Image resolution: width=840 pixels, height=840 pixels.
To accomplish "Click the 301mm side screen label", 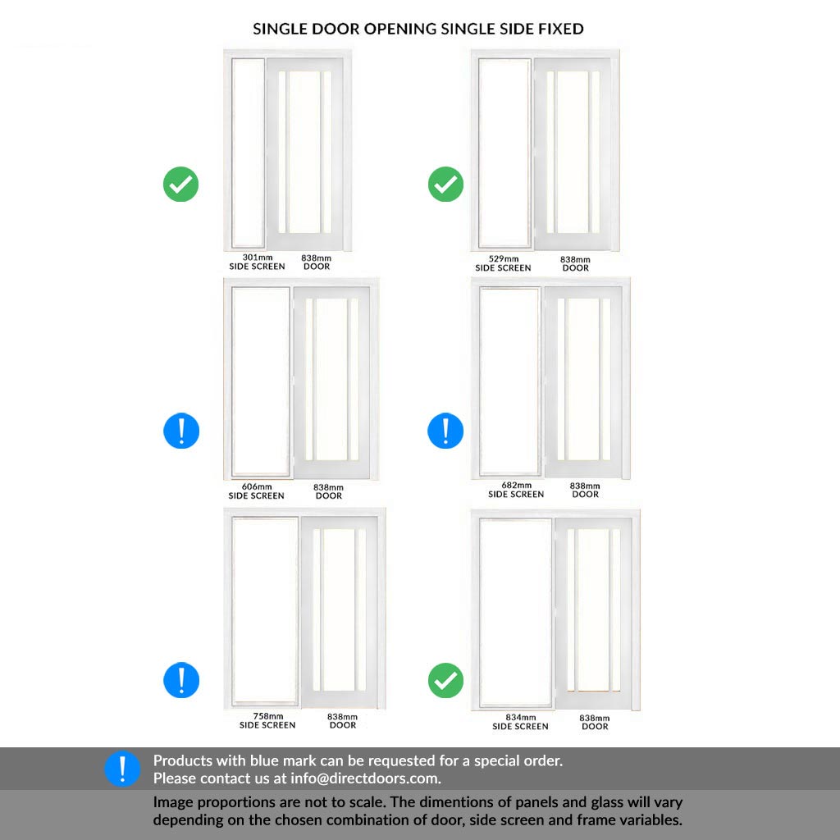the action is (x=257, y=262).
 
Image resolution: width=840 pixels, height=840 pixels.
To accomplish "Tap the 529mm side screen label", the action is (x=503, y=263).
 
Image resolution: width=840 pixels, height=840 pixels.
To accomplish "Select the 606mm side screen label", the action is (x=257, y=491).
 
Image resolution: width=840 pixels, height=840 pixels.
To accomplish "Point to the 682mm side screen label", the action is (x=516, y=490).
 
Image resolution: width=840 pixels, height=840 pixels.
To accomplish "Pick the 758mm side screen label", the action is (x=267, y=720).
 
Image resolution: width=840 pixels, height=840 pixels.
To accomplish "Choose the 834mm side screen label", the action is (x=520, y=722).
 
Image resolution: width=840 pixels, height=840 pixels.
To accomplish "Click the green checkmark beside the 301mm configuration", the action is (x=181, y=185).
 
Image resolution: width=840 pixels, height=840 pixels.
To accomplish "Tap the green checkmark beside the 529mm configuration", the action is (x=445, y=185).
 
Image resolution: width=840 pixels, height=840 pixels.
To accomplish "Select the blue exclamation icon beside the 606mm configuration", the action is (x=181, y=431).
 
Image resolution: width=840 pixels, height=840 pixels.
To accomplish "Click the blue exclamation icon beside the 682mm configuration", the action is (x=445, y=431).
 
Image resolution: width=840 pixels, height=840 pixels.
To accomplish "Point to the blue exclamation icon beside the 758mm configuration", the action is (x=181, y=680).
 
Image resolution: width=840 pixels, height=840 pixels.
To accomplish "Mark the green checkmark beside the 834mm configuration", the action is (x=445, y=680).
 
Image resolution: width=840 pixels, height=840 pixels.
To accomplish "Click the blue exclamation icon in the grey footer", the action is (x=122, y=769).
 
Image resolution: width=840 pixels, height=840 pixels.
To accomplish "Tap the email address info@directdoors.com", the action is (x=365, y=778).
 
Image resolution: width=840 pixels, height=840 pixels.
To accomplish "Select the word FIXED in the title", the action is (x=561, y=29).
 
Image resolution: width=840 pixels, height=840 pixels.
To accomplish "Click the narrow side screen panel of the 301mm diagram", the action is (x=248, y=153).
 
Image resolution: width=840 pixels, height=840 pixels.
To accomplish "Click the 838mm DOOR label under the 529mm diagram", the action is (x=575, y=263).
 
